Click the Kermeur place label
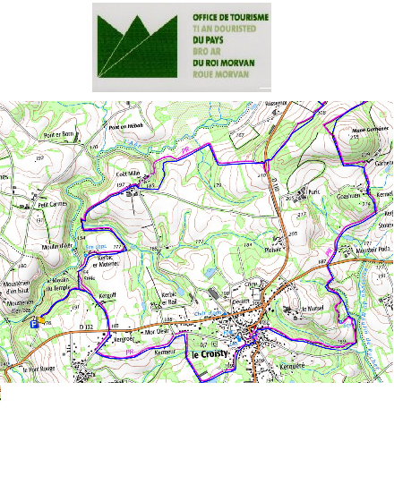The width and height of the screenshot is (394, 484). pos(163,352)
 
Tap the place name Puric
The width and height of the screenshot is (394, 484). pos(313,191)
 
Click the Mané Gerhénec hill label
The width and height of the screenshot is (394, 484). pos(369,130)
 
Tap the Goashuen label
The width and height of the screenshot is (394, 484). pos(347,193)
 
